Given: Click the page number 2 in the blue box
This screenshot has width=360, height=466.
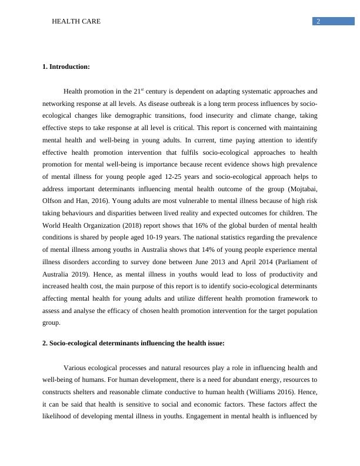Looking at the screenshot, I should [x=318, y=21].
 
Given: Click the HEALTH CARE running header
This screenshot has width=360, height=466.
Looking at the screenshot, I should [x=76, y=21].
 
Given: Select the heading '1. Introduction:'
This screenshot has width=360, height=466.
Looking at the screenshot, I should [x=66, y=67].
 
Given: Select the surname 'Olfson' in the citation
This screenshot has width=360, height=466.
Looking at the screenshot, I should [x=54, y=201].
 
